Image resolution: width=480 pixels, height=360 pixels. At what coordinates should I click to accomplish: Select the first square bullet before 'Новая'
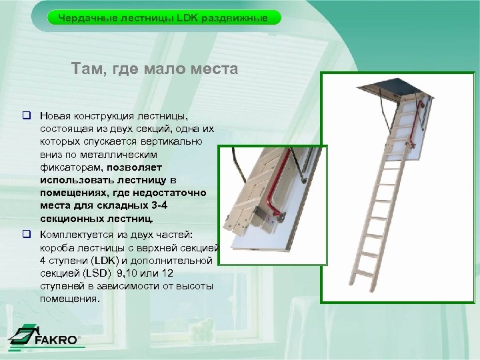click(28, 115)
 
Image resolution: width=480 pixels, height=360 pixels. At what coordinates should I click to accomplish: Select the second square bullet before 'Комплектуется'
click(28, 235)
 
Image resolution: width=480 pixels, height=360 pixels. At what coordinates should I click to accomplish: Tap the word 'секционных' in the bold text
click(71, 217)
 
